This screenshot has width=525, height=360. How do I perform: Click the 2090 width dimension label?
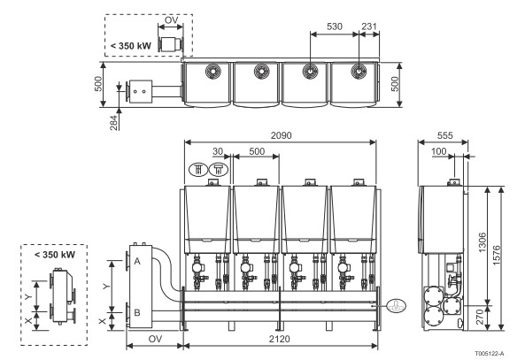pos(281,135)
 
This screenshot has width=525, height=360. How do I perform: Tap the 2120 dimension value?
pos(280,340)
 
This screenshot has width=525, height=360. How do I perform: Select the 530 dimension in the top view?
pos(335,27)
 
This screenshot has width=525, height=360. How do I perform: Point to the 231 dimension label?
pos(369,27)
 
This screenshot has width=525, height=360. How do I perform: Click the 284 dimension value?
pos(114,123)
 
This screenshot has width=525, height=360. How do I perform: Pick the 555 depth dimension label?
pos(445,135)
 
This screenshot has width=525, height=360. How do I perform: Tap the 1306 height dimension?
pos(483,242)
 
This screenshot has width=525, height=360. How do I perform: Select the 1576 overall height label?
pos(496,256)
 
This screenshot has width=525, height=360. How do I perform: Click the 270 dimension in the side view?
pos(480,317)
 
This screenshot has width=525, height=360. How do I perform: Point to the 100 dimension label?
pos(439,152)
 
